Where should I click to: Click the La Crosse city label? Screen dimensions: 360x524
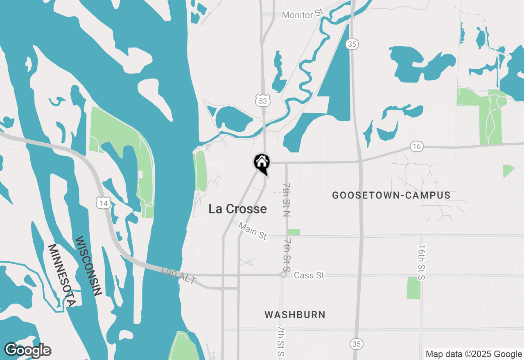(x=237, y=209)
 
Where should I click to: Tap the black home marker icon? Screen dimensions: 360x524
(x=262, y=162)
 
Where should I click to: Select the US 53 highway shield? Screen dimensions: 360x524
(x=262, y=101)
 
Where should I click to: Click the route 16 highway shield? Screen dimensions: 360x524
(x=416, y=146)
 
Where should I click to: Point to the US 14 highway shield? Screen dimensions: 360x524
(x=104, y=203)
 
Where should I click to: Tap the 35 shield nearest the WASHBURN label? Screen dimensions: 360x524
(x=357, y=344)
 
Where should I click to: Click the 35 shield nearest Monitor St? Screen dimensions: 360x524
(x=352, y=44)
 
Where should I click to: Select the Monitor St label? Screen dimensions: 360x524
(x=303, y=14)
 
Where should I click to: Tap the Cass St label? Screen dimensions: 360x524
(x=309, y=275)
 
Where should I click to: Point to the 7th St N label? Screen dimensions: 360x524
(x=286, y=200)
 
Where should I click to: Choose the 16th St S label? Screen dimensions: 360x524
(x=422, y=263)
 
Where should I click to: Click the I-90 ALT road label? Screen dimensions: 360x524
(x=179, y=276)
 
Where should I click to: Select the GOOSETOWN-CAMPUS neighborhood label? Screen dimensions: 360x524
(x=391, y=196)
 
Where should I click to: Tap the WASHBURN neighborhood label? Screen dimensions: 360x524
(x=295, y=315)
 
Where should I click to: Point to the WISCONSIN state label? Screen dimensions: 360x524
(x=88, y=266)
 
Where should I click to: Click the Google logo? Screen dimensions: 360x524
(x=28, y=351)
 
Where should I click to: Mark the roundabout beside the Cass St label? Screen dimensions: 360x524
(x=283, y=275)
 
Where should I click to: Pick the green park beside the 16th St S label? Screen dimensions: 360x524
(x=413, y=288)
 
